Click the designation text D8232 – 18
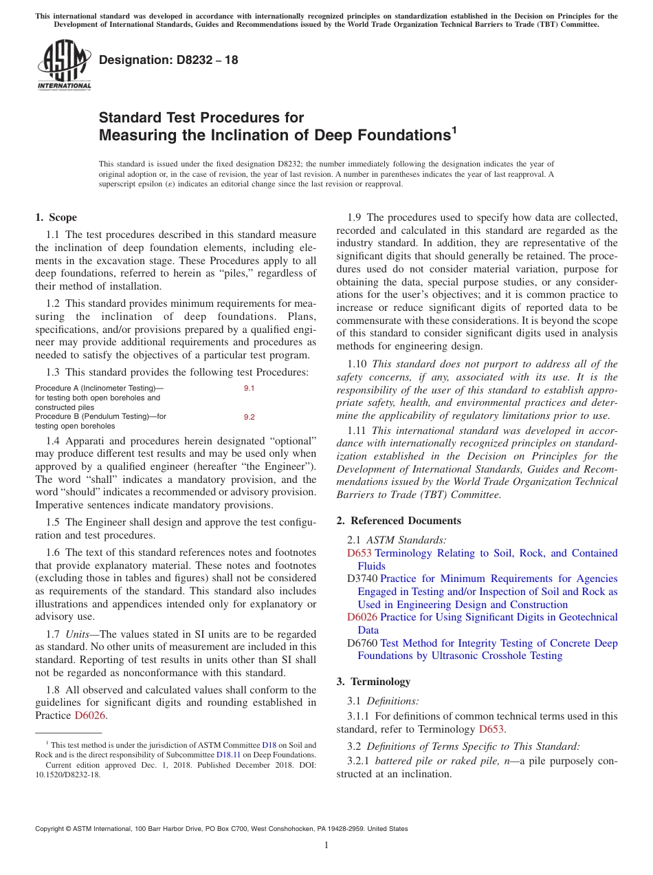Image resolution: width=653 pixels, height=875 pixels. [169, 60]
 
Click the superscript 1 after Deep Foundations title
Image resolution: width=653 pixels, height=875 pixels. [453, 128]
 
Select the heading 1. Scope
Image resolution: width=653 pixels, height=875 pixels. [56, 217]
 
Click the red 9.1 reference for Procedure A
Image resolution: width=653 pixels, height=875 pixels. [249, 389]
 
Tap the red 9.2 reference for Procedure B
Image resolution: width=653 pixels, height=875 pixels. [249, 417]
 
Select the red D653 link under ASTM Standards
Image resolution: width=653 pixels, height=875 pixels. [359, 553]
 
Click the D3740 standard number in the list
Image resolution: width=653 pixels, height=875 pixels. [362, 579]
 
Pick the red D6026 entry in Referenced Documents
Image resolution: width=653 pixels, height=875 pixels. [362, 618]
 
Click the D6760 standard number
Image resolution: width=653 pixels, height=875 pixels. [362, 643]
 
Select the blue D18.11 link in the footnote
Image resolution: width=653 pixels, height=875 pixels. [228, 755]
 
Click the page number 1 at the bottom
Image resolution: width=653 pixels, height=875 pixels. [326, 845]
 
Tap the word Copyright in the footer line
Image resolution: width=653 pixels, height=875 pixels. [51, 829]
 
